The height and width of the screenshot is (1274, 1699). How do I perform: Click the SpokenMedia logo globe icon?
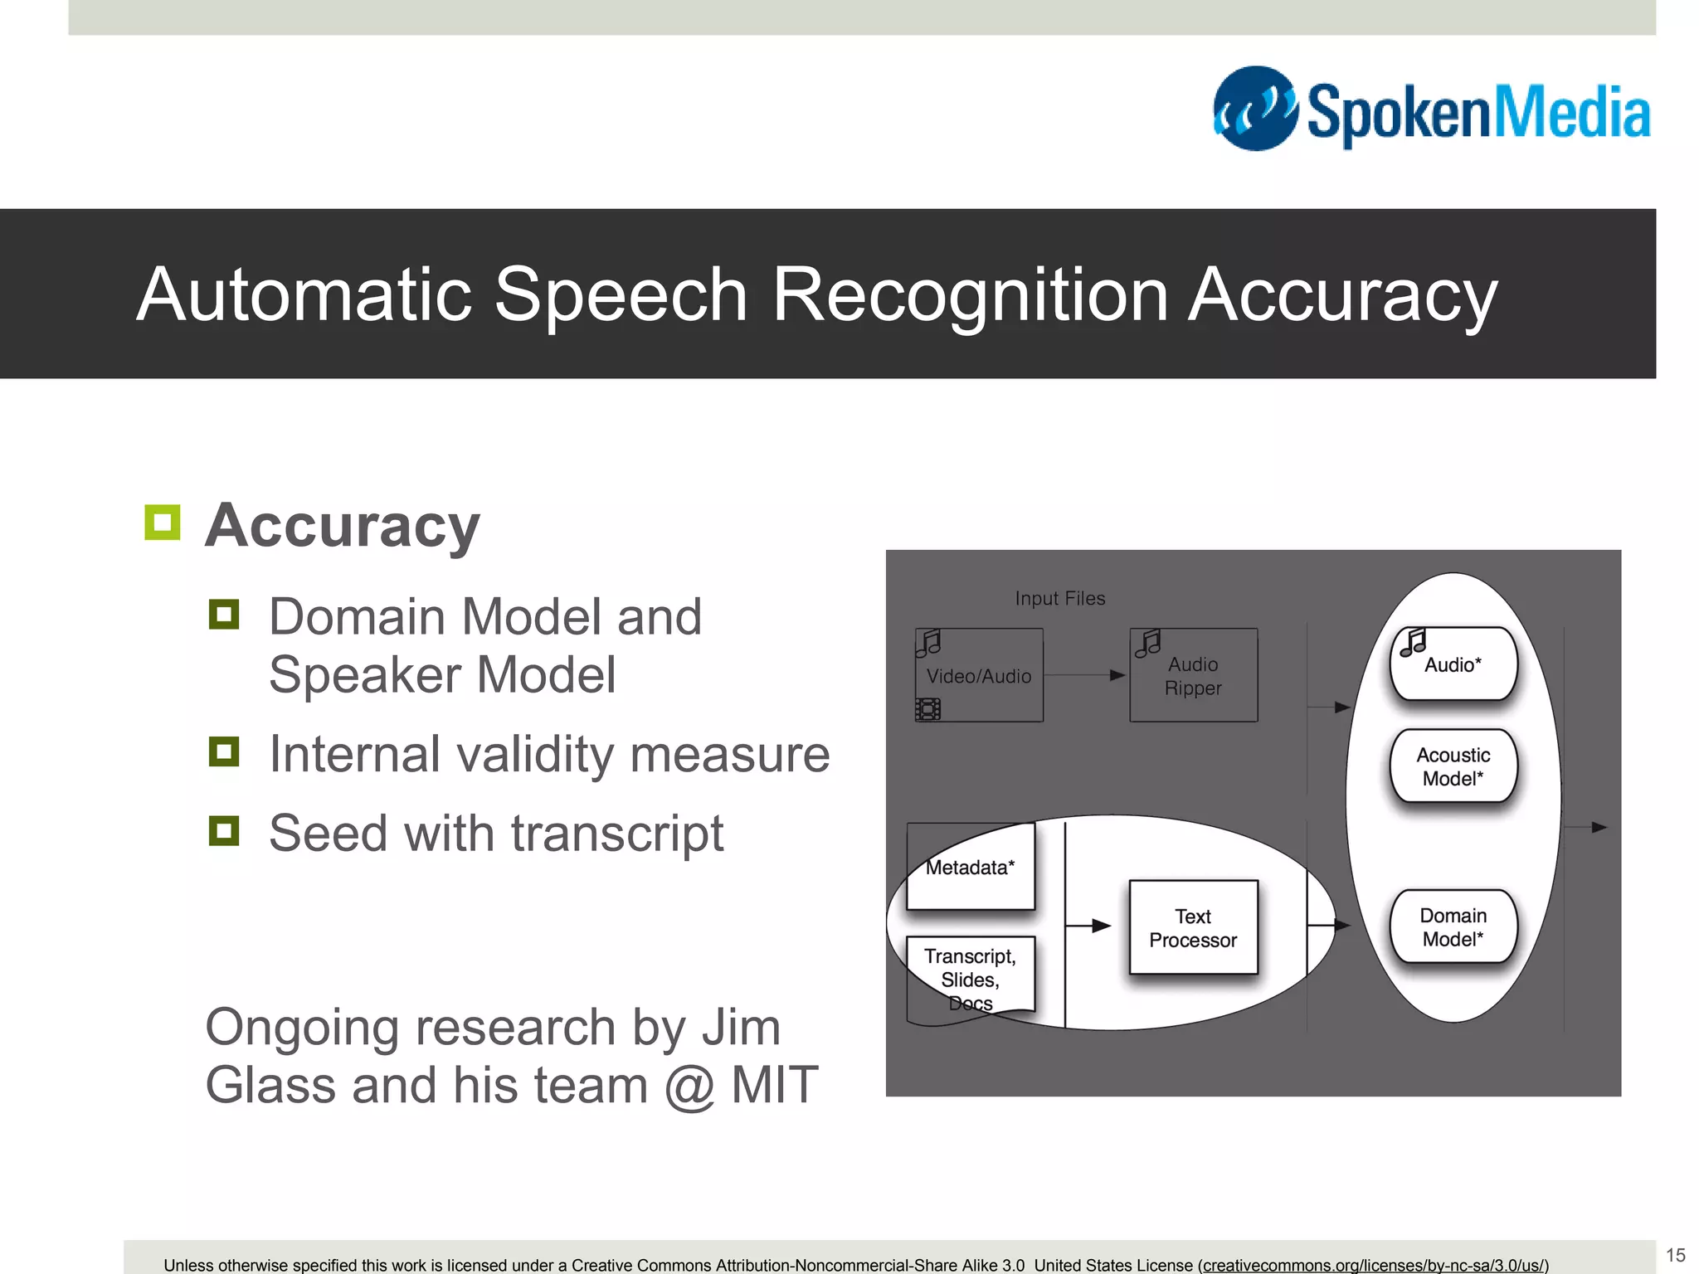pyautogui.click(x=1254, y=109)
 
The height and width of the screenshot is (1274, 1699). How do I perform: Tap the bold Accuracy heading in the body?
pyautogui.click(x=342, y=526)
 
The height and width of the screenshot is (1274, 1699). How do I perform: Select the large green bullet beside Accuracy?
pyautogui.click(x=162, y=523)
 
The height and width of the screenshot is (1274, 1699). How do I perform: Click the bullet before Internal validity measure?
pyautogui.click(x=224, y=752)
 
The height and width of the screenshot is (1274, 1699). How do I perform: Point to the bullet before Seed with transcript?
pyautogui.click(x=224, y=831)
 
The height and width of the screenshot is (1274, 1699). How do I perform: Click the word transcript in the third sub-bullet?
pyautogui.click(x=617, y=833)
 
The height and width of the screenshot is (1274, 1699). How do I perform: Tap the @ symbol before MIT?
pyautogui.click(x=689, y=1086)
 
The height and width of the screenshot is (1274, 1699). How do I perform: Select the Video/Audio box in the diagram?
pyautogui.click(x=979, y=675)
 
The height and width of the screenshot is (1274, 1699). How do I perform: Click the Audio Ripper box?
pyautogui.click(x=1193, y=675)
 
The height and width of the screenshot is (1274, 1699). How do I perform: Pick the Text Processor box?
pyautogui.click(x=1193, y=927)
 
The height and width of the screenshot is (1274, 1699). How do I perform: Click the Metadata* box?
pyautogui.click(x=971, y=868)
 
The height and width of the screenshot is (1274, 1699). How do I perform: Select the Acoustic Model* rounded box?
pyautogui.click(x=1453, y=766)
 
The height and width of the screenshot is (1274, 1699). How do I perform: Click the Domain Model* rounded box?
pyautogui.click(x=1453, y=927)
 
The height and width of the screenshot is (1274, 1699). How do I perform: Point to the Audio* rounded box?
pyautogui.click(x=1453, y=664)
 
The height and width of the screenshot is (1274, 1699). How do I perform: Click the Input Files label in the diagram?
pyautogui.click(x=1060, y=598)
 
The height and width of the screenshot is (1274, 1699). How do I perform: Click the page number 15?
pyautogui.click(x=1676, y=1255)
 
